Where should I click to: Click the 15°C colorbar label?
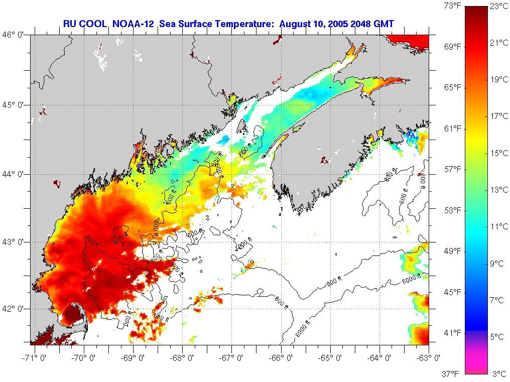click(x=499, y=153)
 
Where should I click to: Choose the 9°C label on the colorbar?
click(x=497, y=263)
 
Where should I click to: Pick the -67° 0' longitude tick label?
click(x=233, y=358)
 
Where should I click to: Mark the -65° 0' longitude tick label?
click(x=331, y=358)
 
